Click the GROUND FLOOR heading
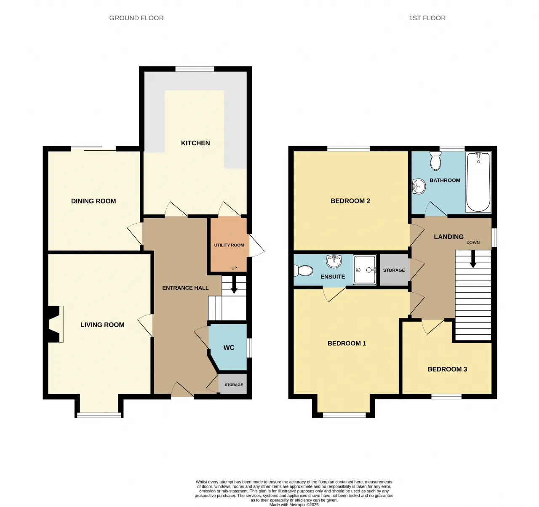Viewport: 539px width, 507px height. click(136, 18)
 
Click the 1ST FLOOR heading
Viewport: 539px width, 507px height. click(427, 18)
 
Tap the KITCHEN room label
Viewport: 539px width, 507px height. click(195, 143)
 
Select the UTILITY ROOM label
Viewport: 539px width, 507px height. click(229, 245)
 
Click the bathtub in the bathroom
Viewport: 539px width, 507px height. click(478, 182)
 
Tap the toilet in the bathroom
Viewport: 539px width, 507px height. click(435, 161)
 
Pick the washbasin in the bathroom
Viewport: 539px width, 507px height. click(419, 186)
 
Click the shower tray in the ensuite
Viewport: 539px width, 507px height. click(365, 270)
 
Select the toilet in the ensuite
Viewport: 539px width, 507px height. click(303, 271)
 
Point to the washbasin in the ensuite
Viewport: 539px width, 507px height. click(334, 261)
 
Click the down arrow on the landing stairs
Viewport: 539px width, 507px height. click(473, 259)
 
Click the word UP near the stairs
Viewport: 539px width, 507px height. click(234, 268)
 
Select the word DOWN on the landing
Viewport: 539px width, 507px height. click(473, 243)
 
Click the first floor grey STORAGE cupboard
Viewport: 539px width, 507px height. click(394, 270)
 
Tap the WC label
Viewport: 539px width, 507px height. click(229, 348)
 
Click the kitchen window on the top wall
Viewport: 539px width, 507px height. click(195, 69)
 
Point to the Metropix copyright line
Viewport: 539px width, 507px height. click(294, 505)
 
